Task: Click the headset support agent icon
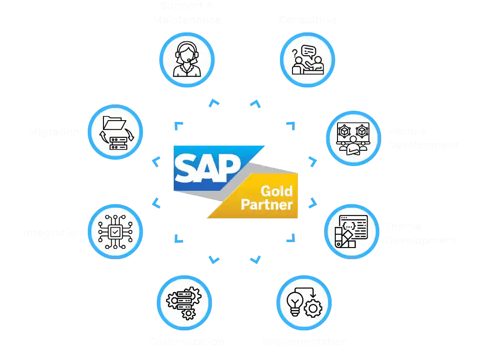pos(187,59)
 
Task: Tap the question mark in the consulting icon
pos(295,54)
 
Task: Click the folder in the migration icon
pos(114,122)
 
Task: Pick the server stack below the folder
pos(118,143)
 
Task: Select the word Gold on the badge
pos(276,191)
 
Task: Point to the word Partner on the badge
pos(266,205)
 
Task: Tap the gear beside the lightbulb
pos(313,309)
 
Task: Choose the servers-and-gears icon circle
pos(184,302)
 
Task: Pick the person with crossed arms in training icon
pos(352,146)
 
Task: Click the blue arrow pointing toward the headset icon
pos(213,103)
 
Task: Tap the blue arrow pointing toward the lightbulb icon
pos(255,260)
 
